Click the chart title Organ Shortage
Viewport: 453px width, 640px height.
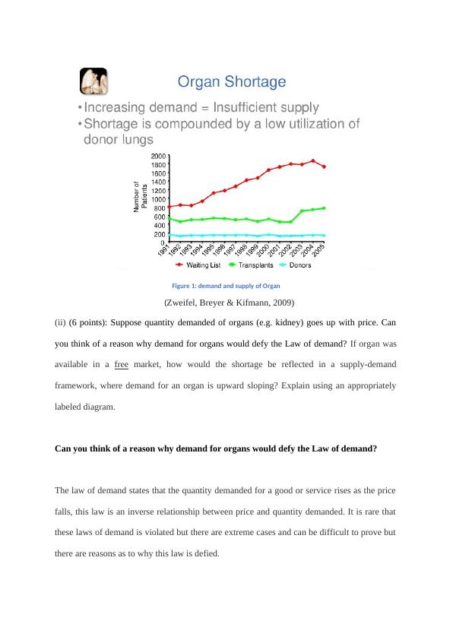point(232,81)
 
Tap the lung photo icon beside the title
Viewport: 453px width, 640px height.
point(93,81)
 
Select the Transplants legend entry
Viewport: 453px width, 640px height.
point(258,265)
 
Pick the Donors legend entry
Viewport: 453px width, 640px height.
point(308,265)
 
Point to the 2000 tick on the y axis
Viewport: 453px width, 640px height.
point(158,156)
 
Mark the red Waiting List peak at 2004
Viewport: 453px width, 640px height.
point(313,161)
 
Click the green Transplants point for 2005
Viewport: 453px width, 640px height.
point(324,208)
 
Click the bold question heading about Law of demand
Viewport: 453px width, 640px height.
point(216,448)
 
